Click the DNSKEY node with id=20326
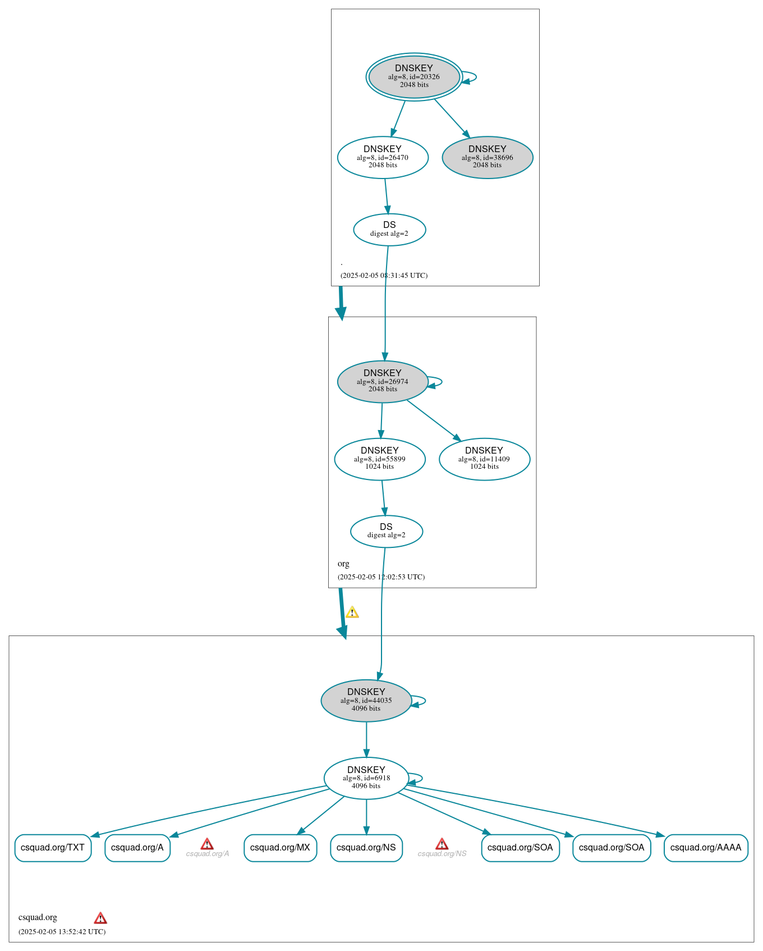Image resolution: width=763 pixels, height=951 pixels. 414,77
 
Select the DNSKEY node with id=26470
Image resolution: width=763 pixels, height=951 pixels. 383,157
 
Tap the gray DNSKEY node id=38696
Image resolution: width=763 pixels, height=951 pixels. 487,157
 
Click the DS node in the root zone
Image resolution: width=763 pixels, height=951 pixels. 389,229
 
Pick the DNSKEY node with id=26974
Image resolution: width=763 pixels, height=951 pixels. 383,381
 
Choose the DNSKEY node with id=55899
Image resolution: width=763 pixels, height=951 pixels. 380,459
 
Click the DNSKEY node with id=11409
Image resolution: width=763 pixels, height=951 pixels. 484,459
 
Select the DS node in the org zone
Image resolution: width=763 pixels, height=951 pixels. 386,531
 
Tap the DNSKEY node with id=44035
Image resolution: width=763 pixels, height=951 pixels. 366,700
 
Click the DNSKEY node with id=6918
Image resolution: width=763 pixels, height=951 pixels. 366,778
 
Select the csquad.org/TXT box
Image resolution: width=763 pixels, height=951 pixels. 53,847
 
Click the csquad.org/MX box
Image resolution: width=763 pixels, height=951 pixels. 280,847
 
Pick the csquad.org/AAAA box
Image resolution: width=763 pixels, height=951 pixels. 705,847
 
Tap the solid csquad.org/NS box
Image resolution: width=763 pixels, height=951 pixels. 366,847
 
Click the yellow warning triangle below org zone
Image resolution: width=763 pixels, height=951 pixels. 352,612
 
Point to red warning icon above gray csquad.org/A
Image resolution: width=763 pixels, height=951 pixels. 207,844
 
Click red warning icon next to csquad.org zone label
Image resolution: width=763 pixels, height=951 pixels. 100,918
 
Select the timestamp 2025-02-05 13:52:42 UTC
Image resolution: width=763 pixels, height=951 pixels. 62,931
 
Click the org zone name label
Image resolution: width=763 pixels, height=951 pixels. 343,564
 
